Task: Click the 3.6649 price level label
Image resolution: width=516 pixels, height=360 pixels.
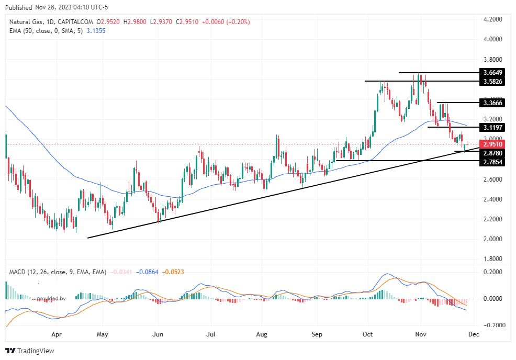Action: tap(492, 73)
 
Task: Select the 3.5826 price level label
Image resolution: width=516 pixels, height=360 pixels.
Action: tap(492, 82)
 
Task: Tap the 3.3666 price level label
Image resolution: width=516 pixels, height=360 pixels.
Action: tap(492, 103)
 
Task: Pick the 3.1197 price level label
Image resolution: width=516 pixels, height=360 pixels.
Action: tap(492, 127)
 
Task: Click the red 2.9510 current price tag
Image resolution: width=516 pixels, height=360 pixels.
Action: tap(492, 144)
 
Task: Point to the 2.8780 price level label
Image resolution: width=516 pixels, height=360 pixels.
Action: tap(492, 153)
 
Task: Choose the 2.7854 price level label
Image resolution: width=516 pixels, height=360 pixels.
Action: tap(492, 163)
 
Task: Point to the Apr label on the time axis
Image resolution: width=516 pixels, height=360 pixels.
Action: tap(57, 333)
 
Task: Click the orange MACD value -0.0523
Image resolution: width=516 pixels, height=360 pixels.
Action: tap(173, 272)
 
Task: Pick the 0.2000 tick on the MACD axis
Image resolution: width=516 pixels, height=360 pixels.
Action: tap(492, 272)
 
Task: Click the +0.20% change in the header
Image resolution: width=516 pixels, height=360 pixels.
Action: tap(238, 22)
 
